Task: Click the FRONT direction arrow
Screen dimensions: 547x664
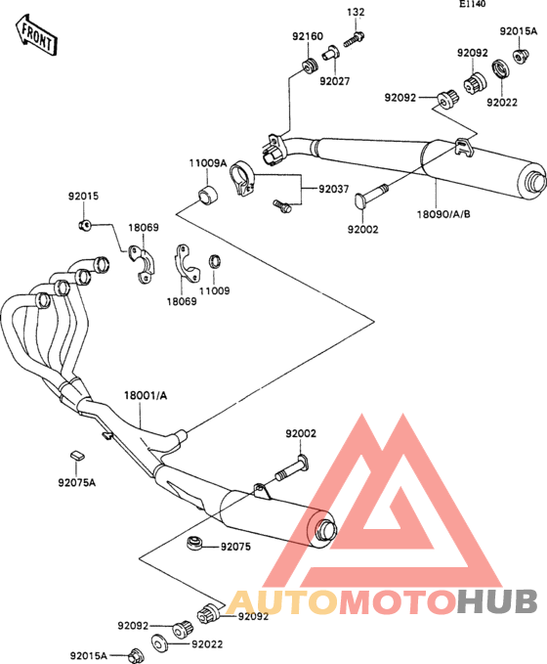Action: click(36, 35)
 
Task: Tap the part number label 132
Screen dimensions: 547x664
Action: click(356, 12)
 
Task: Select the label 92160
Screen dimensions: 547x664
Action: click(308, 36)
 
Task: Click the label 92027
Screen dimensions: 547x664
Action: click(335, 81)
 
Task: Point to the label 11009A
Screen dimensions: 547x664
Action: click(208, 162)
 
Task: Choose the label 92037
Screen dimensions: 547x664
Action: click(334, 189)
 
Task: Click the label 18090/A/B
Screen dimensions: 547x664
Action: click(443, 214)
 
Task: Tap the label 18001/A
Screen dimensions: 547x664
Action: click(146, 395)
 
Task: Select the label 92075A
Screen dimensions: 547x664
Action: click(77, 482)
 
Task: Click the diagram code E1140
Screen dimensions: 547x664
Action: click(473, 4)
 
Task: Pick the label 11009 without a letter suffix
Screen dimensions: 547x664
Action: click(215, 290)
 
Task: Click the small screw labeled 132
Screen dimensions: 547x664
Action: click(355, 39)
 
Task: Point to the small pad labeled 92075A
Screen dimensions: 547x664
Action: click(76, 456)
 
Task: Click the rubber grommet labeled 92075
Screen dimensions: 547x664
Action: click(195, 544)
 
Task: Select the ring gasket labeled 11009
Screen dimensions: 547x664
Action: click(215, 262)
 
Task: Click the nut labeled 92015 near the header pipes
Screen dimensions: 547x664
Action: click(84, 225)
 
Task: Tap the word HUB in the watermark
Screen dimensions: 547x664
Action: click(497, 601)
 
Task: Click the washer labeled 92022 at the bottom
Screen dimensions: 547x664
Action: click(159, 642)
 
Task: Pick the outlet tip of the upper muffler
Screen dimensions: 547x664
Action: click(535, 182)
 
